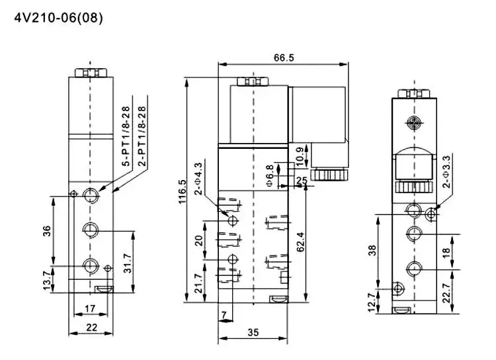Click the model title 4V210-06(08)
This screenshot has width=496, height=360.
(x=59, y=18)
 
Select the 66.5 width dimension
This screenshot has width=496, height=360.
(x=283, y=58)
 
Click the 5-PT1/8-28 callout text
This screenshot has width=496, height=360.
(x=124, y=135)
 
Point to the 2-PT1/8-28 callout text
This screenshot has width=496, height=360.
(x=140, y=135)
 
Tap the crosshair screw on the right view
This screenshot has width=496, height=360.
(x=415, y=122)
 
